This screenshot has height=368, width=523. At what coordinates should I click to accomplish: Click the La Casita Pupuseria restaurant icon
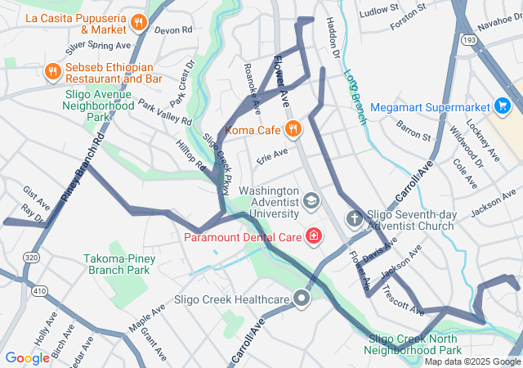[x=139, y=22]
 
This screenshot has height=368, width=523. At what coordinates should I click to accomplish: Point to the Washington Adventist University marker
[x=311, y=200]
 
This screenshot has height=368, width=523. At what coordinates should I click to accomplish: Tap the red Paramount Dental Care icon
[x=313, y=237]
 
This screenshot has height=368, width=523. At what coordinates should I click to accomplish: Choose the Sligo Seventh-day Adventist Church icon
[x=354, y=218]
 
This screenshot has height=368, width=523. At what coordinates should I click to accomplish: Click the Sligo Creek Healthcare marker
[x=302, y=298]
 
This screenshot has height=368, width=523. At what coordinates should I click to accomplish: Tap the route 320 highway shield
[x=31, y=257]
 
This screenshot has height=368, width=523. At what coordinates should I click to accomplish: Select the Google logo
[x=27, y=357]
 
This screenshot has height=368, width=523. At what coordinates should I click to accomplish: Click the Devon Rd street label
[x=172, y=29]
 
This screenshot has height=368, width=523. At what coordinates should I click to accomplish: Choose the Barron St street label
[x=413, y=130]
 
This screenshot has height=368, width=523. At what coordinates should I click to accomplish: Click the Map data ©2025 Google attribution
[x=472, y=361]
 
